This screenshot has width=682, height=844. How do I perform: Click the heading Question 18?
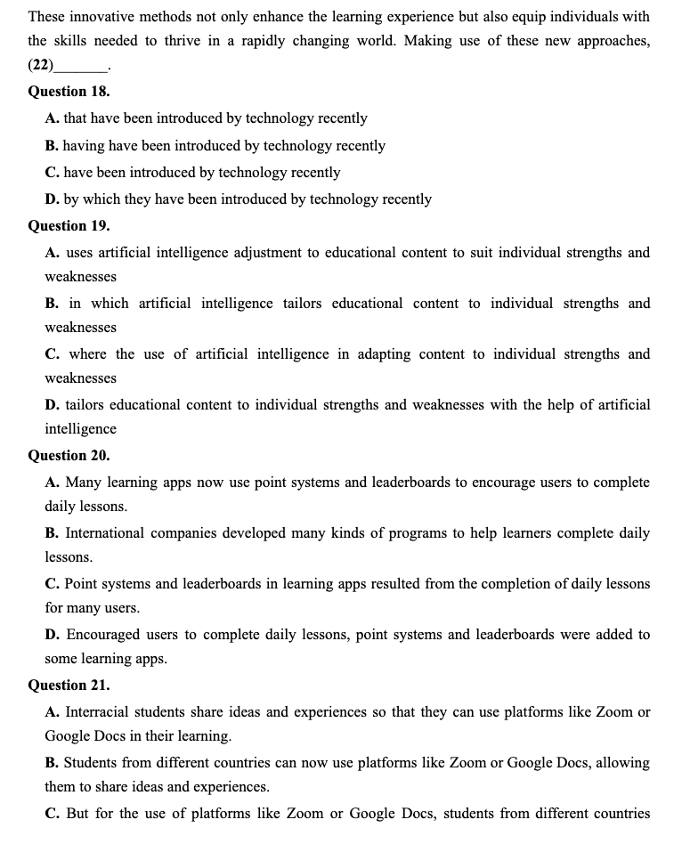tap(69, 92)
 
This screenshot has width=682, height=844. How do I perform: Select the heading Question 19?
tap(69, 226)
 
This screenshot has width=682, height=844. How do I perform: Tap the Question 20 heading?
tap(69, 455)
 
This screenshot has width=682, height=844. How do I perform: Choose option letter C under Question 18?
tap(52, 173)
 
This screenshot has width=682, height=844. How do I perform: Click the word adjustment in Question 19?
tap(264, 253)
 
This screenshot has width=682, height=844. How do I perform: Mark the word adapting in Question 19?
tap(385, 354)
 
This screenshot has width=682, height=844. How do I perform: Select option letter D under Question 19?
tap(52, 405)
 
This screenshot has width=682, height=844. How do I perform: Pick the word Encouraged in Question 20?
tap(102, 635)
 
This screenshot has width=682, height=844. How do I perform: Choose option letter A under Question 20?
tap(52, 483)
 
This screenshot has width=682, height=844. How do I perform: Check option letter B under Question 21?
tap(52, 763)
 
